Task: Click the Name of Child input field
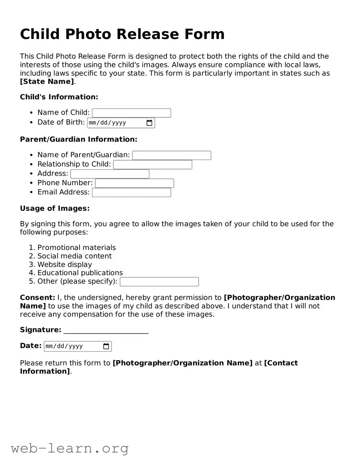tap(131, 113)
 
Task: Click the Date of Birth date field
tap(115, 123)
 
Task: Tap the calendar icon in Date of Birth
tap(149, 123)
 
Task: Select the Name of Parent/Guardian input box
tap(171, 155)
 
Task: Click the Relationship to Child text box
tap(152, 165)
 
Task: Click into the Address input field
tap(110, 174)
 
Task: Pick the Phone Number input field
tap(134, 183)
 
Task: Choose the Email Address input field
tap(131, 193)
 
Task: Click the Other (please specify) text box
tap(159, 282)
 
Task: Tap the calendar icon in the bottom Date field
tap(106, 346)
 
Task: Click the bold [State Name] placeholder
tap(47, 82)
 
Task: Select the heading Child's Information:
tap(59, 97)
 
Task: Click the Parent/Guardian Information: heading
tap(78, 139)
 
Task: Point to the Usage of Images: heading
tap(55, 208)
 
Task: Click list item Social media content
tap(74, 256)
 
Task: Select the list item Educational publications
tap(80, 273)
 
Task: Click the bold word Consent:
tap(37, 298)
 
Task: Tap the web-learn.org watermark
tap(70, 448)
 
